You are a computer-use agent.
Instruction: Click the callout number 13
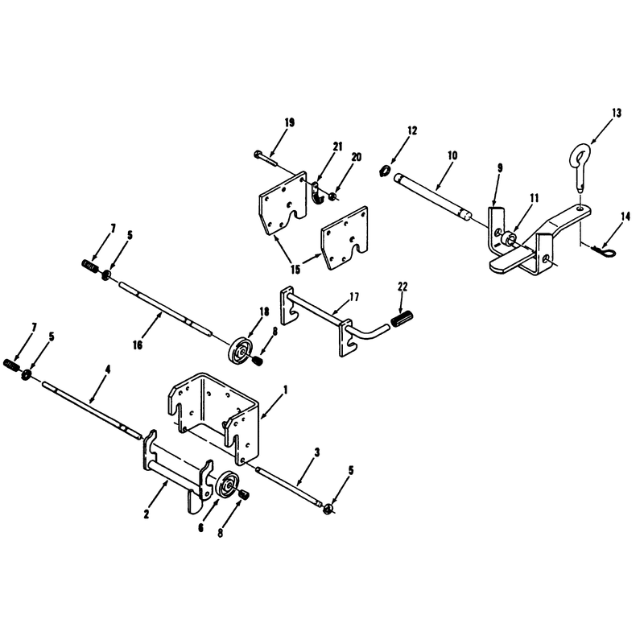pos(617,113)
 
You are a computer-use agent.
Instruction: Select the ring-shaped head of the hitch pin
pos(580,155)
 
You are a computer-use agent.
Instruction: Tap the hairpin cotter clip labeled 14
pos(605,250)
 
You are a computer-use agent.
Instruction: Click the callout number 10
pos(452,155)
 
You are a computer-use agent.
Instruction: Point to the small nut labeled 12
pos(385,170)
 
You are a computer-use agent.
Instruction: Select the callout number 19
pos(289,123)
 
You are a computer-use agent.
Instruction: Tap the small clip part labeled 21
pos(317,193)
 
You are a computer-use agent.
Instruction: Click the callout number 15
pos(295,270)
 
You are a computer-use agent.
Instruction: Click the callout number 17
pos(354,296)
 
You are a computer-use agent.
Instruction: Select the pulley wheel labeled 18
pos(241,350)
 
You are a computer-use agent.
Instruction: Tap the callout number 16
pos(138,345)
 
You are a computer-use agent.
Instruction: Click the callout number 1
pos(286,390)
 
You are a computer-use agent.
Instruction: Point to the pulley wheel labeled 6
pos(228,486)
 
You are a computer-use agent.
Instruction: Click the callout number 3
pos(316,452)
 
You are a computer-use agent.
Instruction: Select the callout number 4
pos(108,369)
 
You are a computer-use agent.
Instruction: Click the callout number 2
pos(147,514)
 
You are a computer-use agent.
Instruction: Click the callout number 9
pos(500,168)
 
